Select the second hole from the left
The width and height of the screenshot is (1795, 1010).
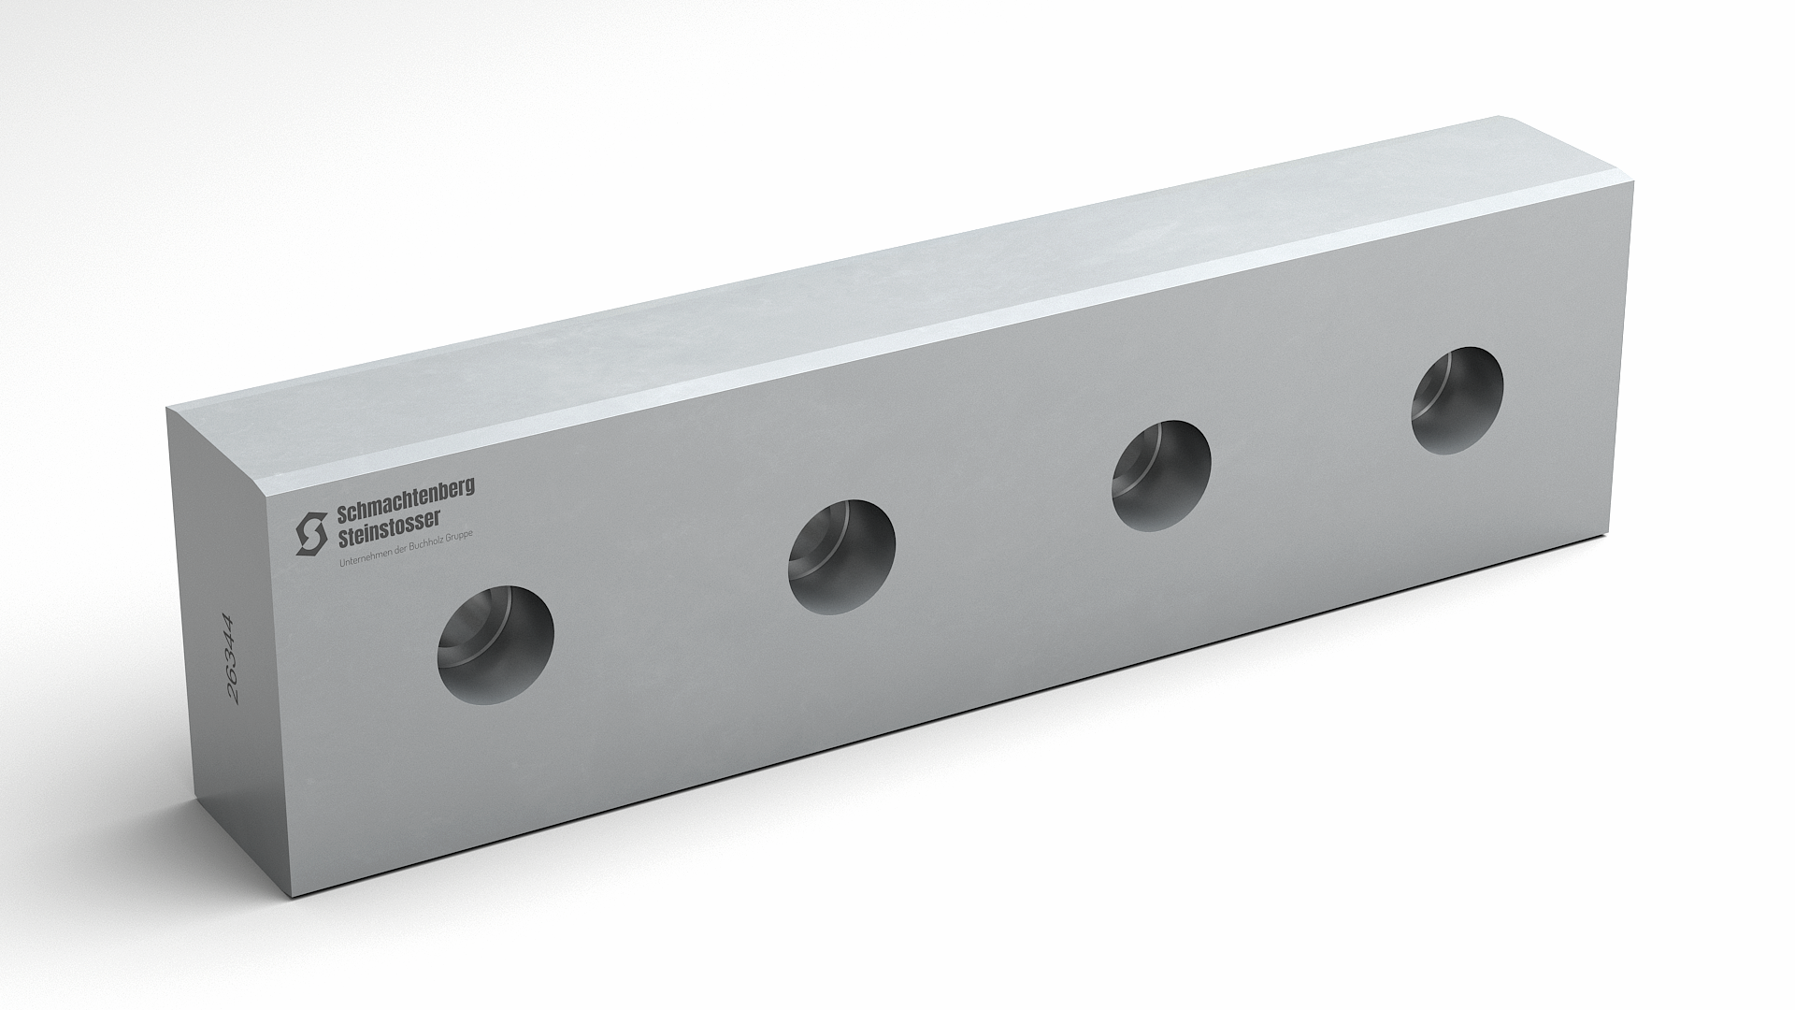[x=841, y=557]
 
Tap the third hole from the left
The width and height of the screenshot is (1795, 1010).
[x=1161, y=477]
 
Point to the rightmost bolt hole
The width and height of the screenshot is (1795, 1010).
[x=1458, y=401]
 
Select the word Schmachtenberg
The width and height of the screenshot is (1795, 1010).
[x=405, y=498]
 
